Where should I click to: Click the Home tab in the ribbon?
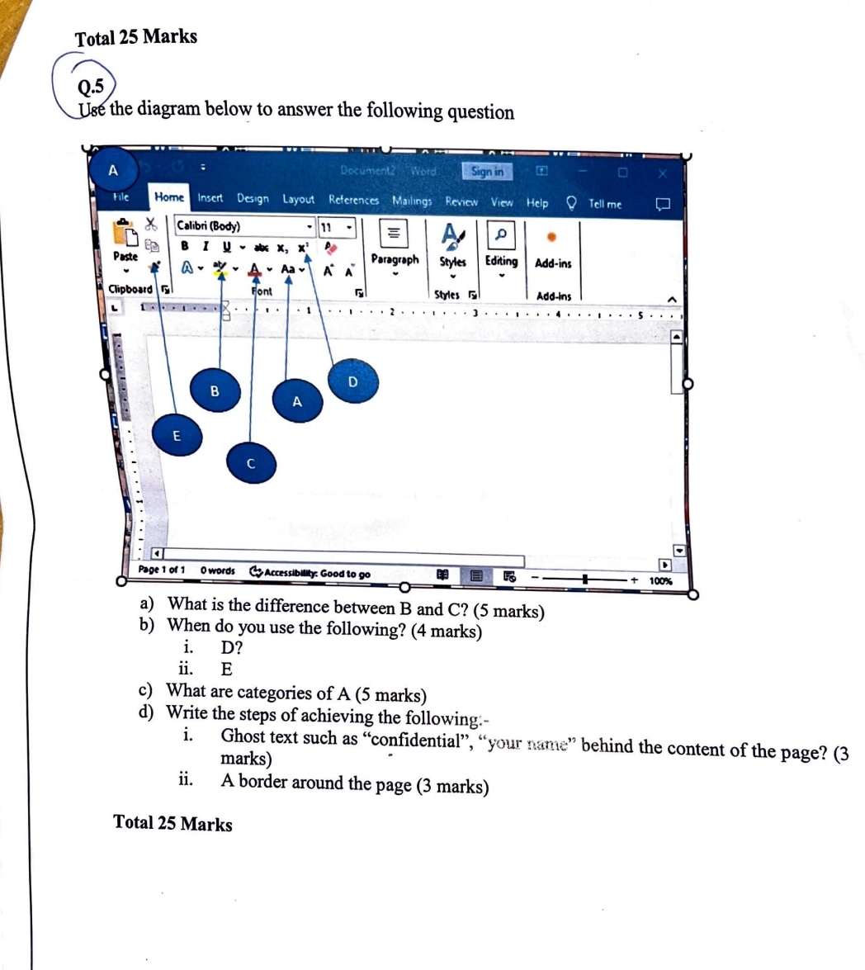pyautogui.click(x=170, y=198)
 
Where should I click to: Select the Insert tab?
pyautogui.click(x=210, y=199)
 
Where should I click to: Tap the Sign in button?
pyautogui.click(x=488, y=171)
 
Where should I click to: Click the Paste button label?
pyautogui.click(x=125, y=256)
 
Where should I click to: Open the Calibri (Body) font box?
pyautogui.click(x=239, y=226)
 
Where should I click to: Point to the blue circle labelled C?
pyautogui.click(x=251, y=464)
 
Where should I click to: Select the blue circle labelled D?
pyautogui.click(x=352, y=381)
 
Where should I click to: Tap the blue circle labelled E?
pyautogui.click(x=176, y=435)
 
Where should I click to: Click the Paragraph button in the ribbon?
pyautogui.click(x=395, y=260)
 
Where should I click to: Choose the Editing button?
pyautogui.click(x=501, y=261)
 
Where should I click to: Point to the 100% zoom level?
pyautogui.click(x=660, y=580)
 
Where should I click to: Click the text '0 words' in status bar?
pyautogui.click(x=218, y=570)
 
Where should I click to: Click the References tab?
pyautogui.click(x=353, y=200)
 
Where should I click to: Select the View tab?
pyautogui.click(x=502, y=201)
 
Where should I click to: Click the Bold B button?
pyautogui.click(x=184, y=245)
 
